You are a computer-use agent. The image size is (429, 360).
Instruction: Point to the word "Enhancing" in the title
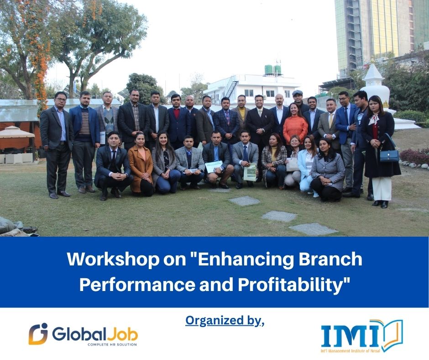tap(235, 260)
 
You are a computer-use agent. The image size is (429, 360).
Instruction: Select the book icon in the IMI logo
tap(392, 334)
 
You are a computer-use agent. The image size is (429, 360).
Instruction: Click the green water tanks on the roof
tap(272, 69)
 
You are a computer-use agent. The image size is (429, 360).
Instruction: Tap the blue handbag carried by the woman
tap(389, 155)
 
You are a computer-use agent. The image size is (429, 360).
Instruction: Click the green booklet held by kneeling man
tap(250, 172)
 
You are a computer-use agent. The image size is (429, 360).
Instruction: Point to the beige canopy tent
tap(17, 133)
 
